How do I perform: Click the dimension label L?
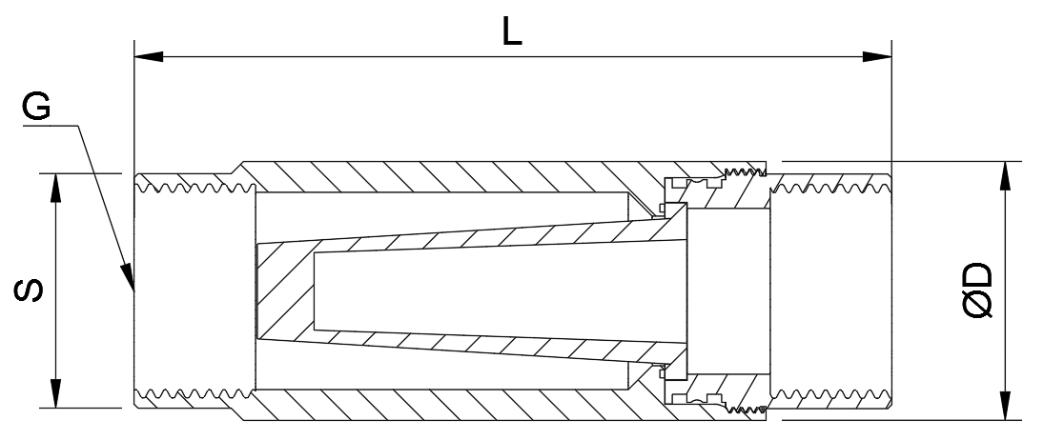(x=511, y=31)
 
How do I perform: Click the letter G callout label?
(x=36, y=107)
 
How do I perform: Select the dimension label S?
(x=30, y=290)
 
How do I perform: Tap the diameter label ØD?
(x=978, y=290)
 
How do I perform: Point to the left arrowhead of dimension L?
(x=149, y=56)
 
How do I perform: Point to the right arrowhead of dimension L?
(x=877, y=56)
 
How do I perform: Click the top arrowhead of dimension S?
(x=56, y=189)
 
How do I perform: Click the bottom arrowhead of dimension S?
(x=56, y=392)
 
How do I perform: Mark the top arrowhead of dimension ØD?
(x=1005, y=175)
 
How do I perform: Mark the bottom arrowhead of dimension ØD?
(x=1005, y=406)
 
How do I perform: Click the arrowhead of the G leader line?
(x=127, y=277)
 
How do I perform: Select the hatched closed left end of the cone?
(x=284, y=290)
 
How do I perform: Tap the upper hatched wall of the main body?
(x=466, y=177)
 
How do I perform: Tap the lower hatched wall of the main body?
(x=466, y=404)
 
